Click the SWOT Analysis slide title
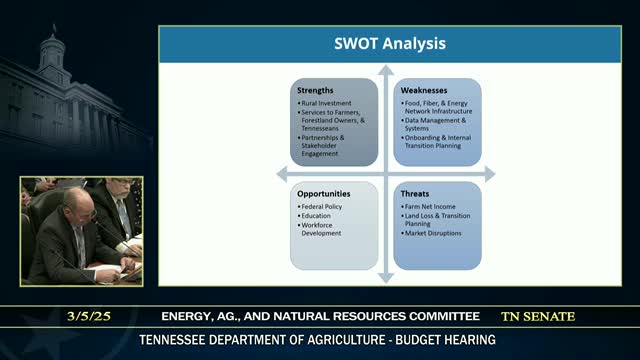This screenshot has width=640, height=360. pos(390,44)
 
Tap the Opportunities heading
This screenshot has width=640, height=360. pos(325,191)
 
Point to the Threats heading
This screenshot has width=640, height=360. pos(416,191)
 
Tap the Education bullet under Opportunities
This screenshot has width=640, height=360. pos(318,215)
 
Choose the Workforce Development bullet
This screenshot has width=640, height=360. pos(322,229)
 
